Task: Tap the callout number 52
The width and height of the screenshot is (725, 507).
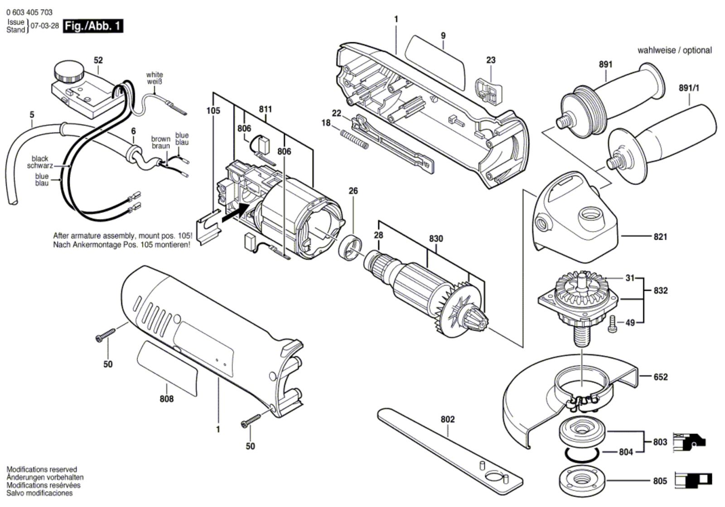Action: pyautogui.click(x=98, y=60)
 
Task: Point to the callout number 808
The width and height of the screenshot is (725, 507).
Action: pyautogui.click(x=167, y=399)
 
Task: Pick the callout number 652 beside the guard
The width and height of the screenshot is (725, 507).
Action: pyautogui.click(x=661, y=377)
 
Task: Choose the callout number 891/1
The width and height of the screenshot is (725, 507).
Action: pyautogui.click(x=688, y=88)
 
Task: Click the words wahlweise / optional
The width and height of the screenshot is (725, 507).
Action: pyautogui.click(x=674, y=50)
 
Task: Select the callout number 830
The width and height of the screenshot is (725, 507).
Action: pyautogui.click(x=436, y=238)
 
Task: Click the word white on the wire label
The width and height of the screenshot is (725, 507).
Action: pyautogui.click(x=155, y=75)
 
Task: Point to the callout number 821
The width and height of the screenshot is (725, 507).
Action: pyautogui.click(x=660, y=237)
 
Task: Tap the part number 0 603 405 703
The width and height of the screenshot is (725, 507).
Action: pyautogui.click(x=29, y=13)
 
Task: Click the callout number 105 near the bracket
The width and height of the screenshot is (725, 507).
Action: pyautogui.click(x=213, y=111)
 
